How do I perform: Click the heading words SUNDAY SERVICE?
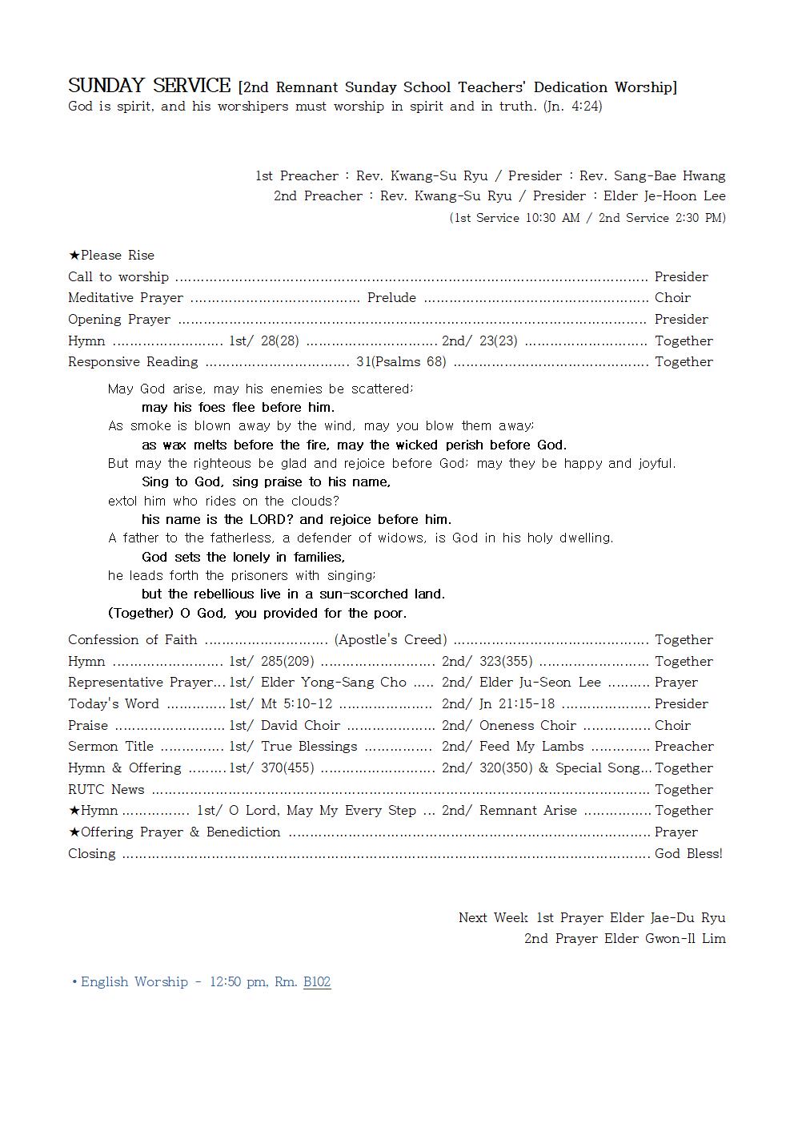point(149,86)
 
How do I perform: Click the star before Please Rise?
point(74,255)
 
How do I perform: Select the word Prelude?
point(391,297)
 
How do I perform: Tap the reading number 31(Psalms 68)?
point(401,361)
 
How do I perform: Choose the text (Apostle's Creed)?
point(391,639)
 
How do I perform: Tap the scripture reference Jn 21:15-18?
point(516,703)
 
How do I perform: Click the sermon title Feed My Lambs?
point(531,746)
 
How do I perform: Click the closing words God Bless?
point(688,853)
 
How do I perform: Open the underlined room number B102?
point(317,981)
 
